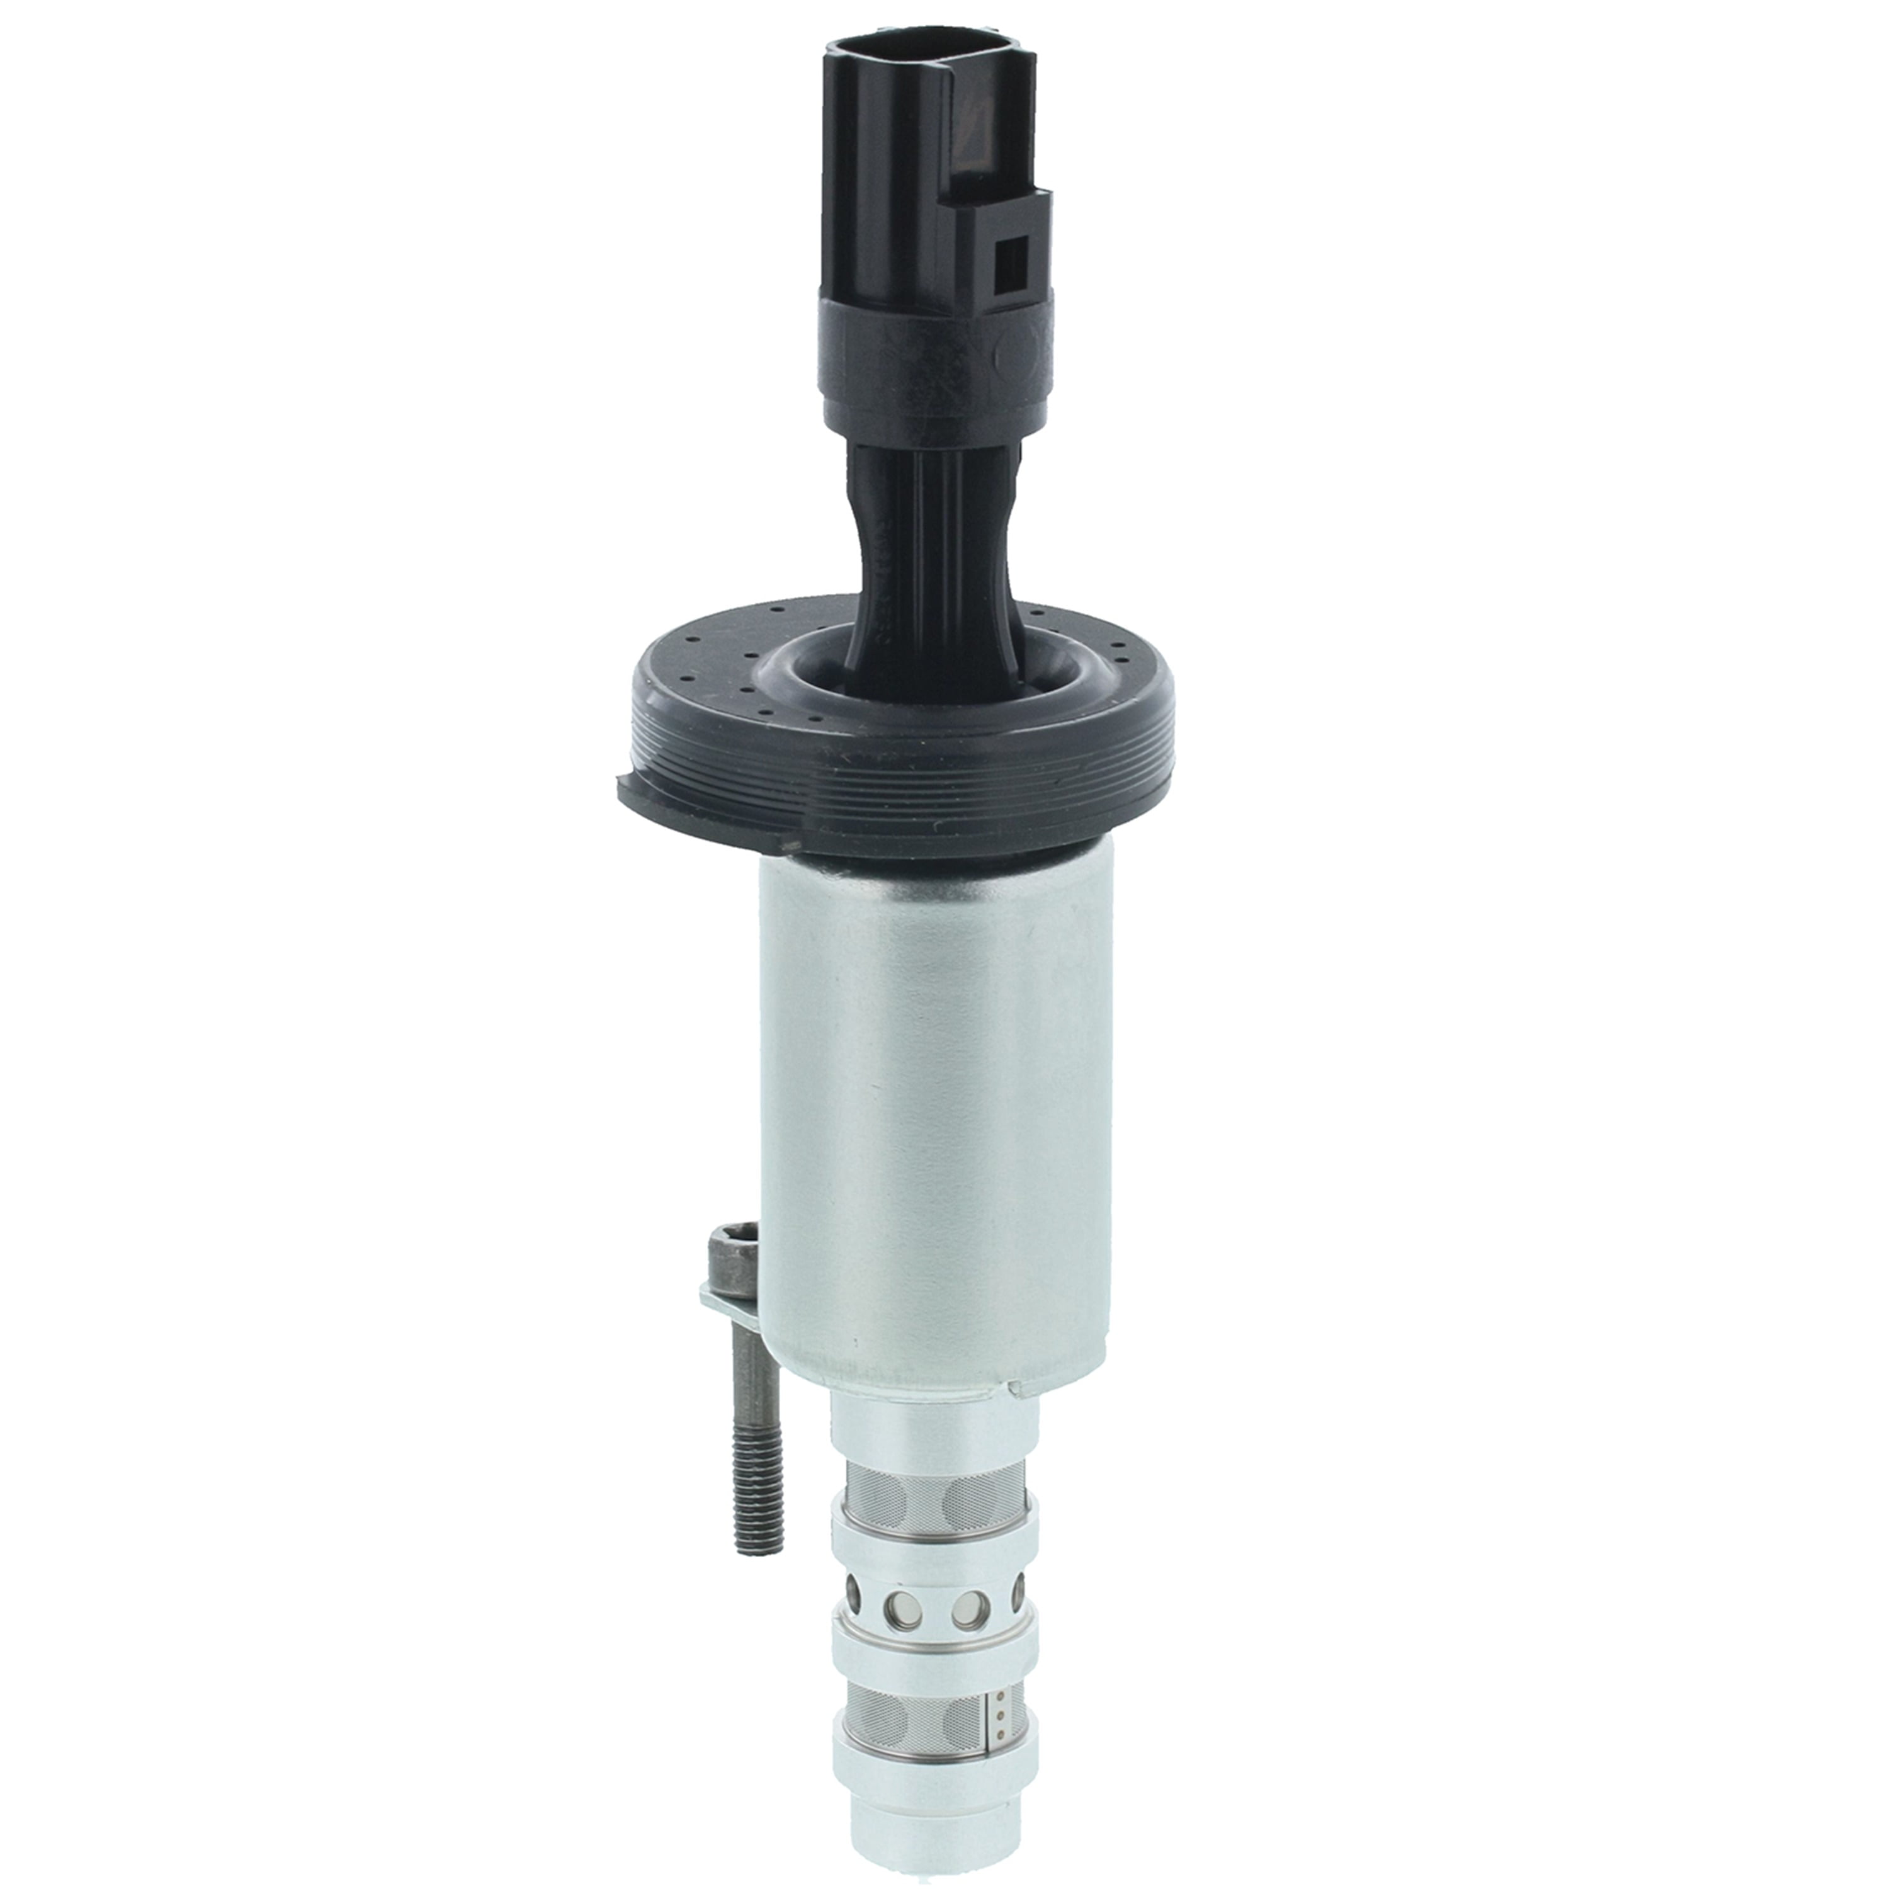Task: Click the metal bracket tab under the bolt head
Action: pyautogui.click(x=718, y=1300)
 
